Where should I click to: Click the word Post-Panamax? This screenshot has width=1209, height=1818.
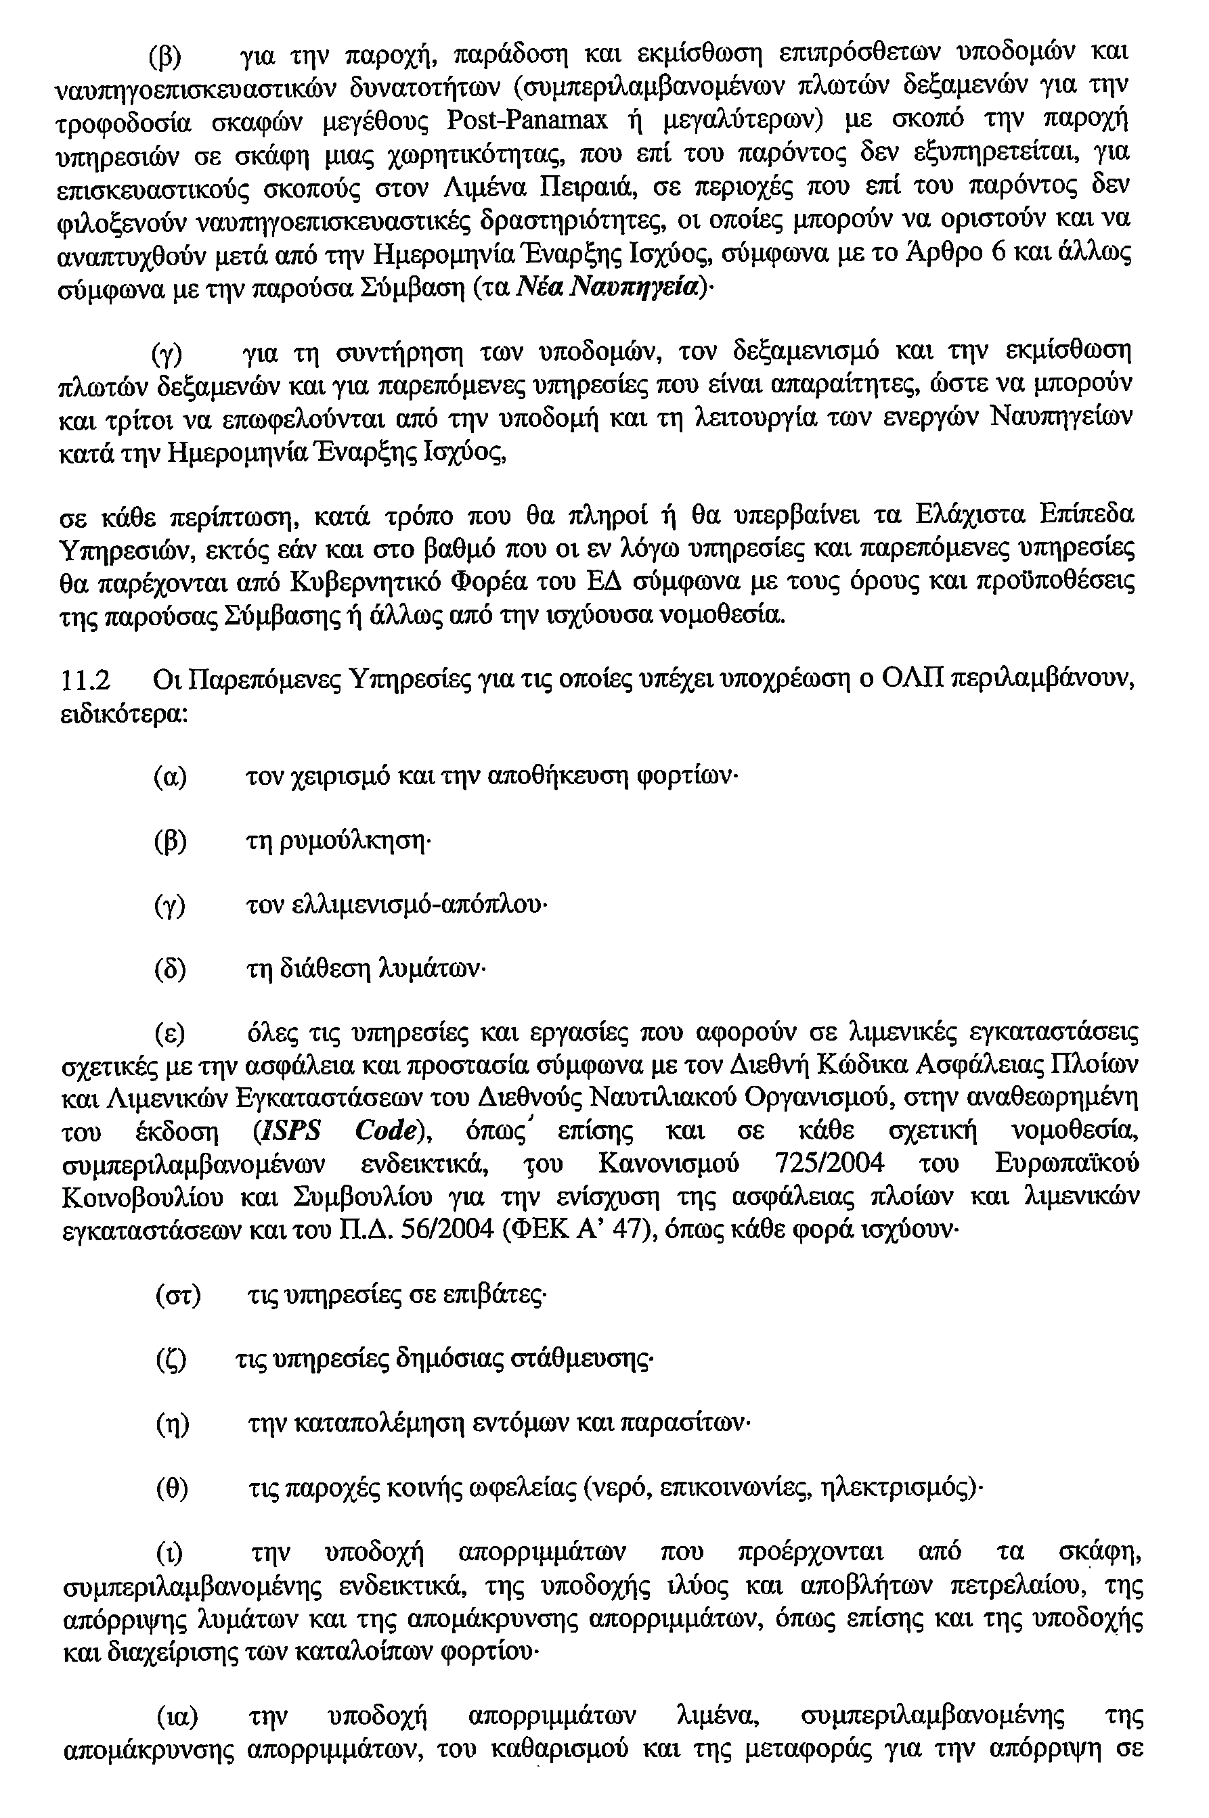(527, 122)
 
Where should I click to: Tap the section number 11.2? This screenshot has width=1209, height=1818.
(85, 680)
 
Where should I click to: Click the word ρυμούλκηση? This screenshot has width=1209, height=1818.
(335, 841)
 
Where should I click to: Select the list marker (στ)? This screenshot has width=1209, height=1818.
(178, 1296)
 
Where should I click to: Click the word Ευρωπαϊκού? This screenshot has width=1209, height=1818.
(1067, 1164)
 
